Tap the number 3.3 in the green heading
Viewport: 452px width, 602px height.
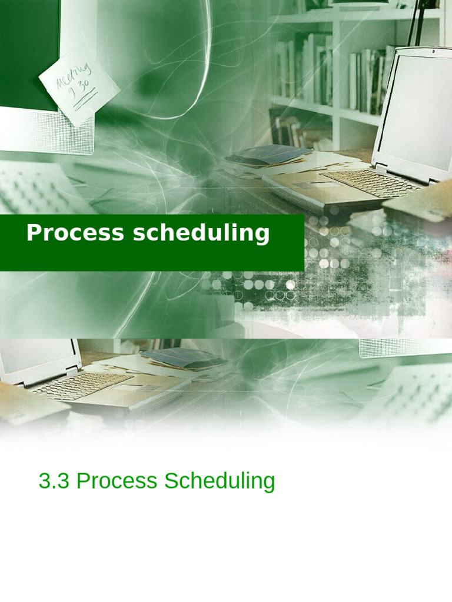pos(54,481)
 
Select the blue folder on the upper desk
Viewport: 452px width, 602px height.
pos(268,155)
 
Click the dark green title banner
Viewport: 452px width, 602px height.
pos(152,243)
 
